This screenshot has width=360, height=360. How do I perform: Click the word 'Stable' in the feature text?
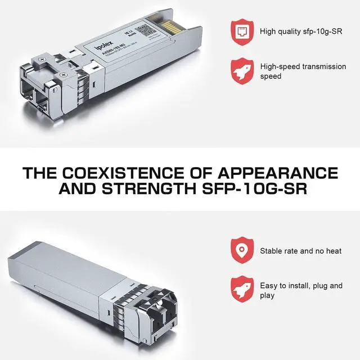(271, 251)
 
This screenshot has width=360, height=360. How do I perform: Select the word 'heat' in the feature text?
(332, 251)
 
